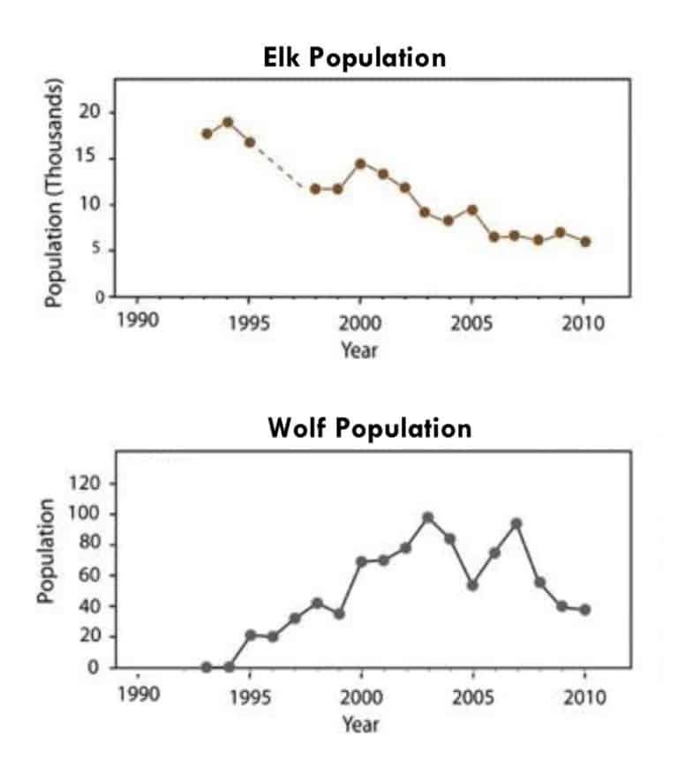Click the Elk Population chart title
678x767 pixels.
[355, 58]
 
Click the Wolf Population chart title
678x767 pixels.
[369, 429]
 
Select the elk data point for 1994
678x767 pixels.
[228, 122]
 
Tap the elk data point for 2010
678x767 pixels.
[584, 241]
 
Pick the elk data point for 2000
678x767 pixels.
[360, 163]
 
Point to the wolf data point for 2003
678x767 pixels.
[428, 517]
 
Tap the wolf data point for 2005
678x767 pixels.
[472, 585]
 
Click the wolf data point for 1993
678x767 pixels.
[207, 667]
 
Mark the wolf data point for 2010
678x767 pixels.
[584, 610]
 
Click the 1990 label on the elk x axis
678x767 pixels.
[138, 320]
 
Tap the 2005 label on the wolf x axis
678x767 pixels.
[472, 696]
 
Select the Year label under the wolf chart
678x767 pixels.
[360, 725]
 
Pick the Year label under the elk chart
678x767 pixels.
[360, 350]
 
